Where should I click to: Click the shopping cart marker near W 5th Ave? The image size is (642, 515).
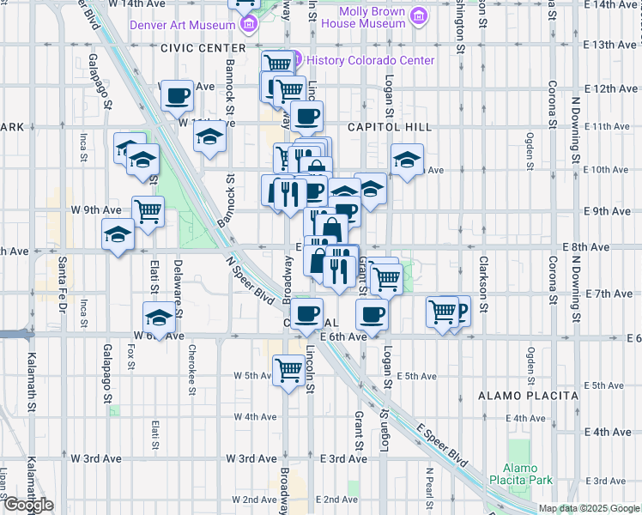pyautogui.click(x=289, y=370)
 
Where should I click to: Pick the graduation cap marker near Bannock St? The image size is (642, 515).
pyautogui.click(x=209, y=136)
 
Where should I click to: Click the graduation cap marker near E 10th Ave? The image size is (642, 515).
pyautogui.click(x=407, y=158)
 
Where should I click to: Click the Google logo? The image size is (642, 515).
pyautogui.click(x=27, y=506)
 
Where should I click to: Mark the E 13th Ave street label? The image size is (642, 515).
pyautogui.click(x=609, y=44)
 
